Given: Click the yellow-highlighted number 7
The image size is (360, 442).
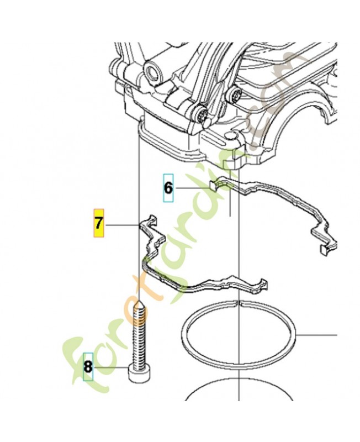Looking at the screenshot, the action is pyautogui.click(x=99, y=223).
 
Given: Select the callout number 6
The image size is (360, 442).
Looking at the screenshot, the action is pyautogui.click(x=168, y=188).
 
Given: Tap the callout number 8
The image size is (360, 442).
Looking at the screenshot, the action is pyautogui.click(x=88, y=367).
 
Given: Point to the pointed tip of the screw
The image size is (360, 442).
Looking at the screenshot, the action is pyautogui.click(x=140, y=302).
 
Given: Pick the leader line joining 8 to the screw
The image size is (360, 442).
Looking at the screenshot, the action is pyautogui.click(x=111, y=367).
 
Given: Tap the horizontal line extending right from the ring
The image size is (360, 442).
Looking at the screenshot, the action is pyautogui.click(x=316, y=335).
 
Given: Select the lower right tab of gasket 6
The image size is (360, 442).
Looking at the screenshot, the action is pyautogui.click(x=327, y=248).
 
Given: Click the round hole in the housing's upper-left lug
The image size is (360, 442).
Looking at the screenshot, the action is pyautogui.click(x=153, y=72).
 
